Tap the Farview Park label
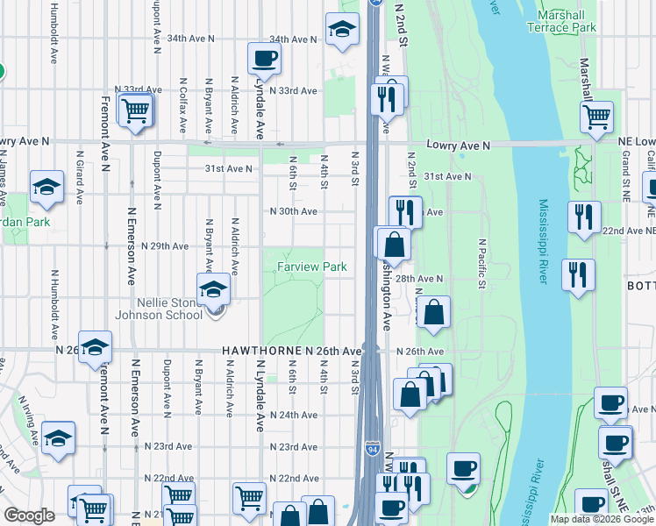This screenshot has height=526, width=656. (x=312, y=267)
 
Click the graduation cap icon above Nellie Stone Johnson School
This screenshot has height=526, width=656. (x=213, y=289)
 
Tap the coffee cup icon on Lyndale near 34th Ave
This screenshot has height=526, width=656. (x=264, y=59)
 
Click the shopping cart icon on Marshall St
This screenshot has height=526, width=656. (x=596, y=116)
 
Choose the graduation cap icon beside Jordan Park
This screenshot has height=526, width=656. (x=46, y=187)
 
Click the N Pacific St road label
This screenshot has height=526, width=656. (x=481, y=263)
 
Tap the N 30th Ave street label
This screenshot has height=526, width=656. (x=293, y=211)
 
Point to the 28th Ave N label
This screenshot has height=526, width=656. (x=418, y=278)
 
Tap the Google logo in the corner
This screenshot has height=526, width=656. (x=30, y=515)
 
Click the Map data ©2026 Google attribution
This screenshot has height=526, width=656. (x=602, y=519)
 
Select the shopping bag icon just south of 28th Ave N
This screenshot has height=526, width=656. (x=434, y=312)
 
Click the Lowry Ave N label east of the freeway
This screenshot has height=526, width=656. (x=456, y=144)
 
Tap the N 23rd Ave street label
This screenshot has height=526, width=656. (x=293, y=447)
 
